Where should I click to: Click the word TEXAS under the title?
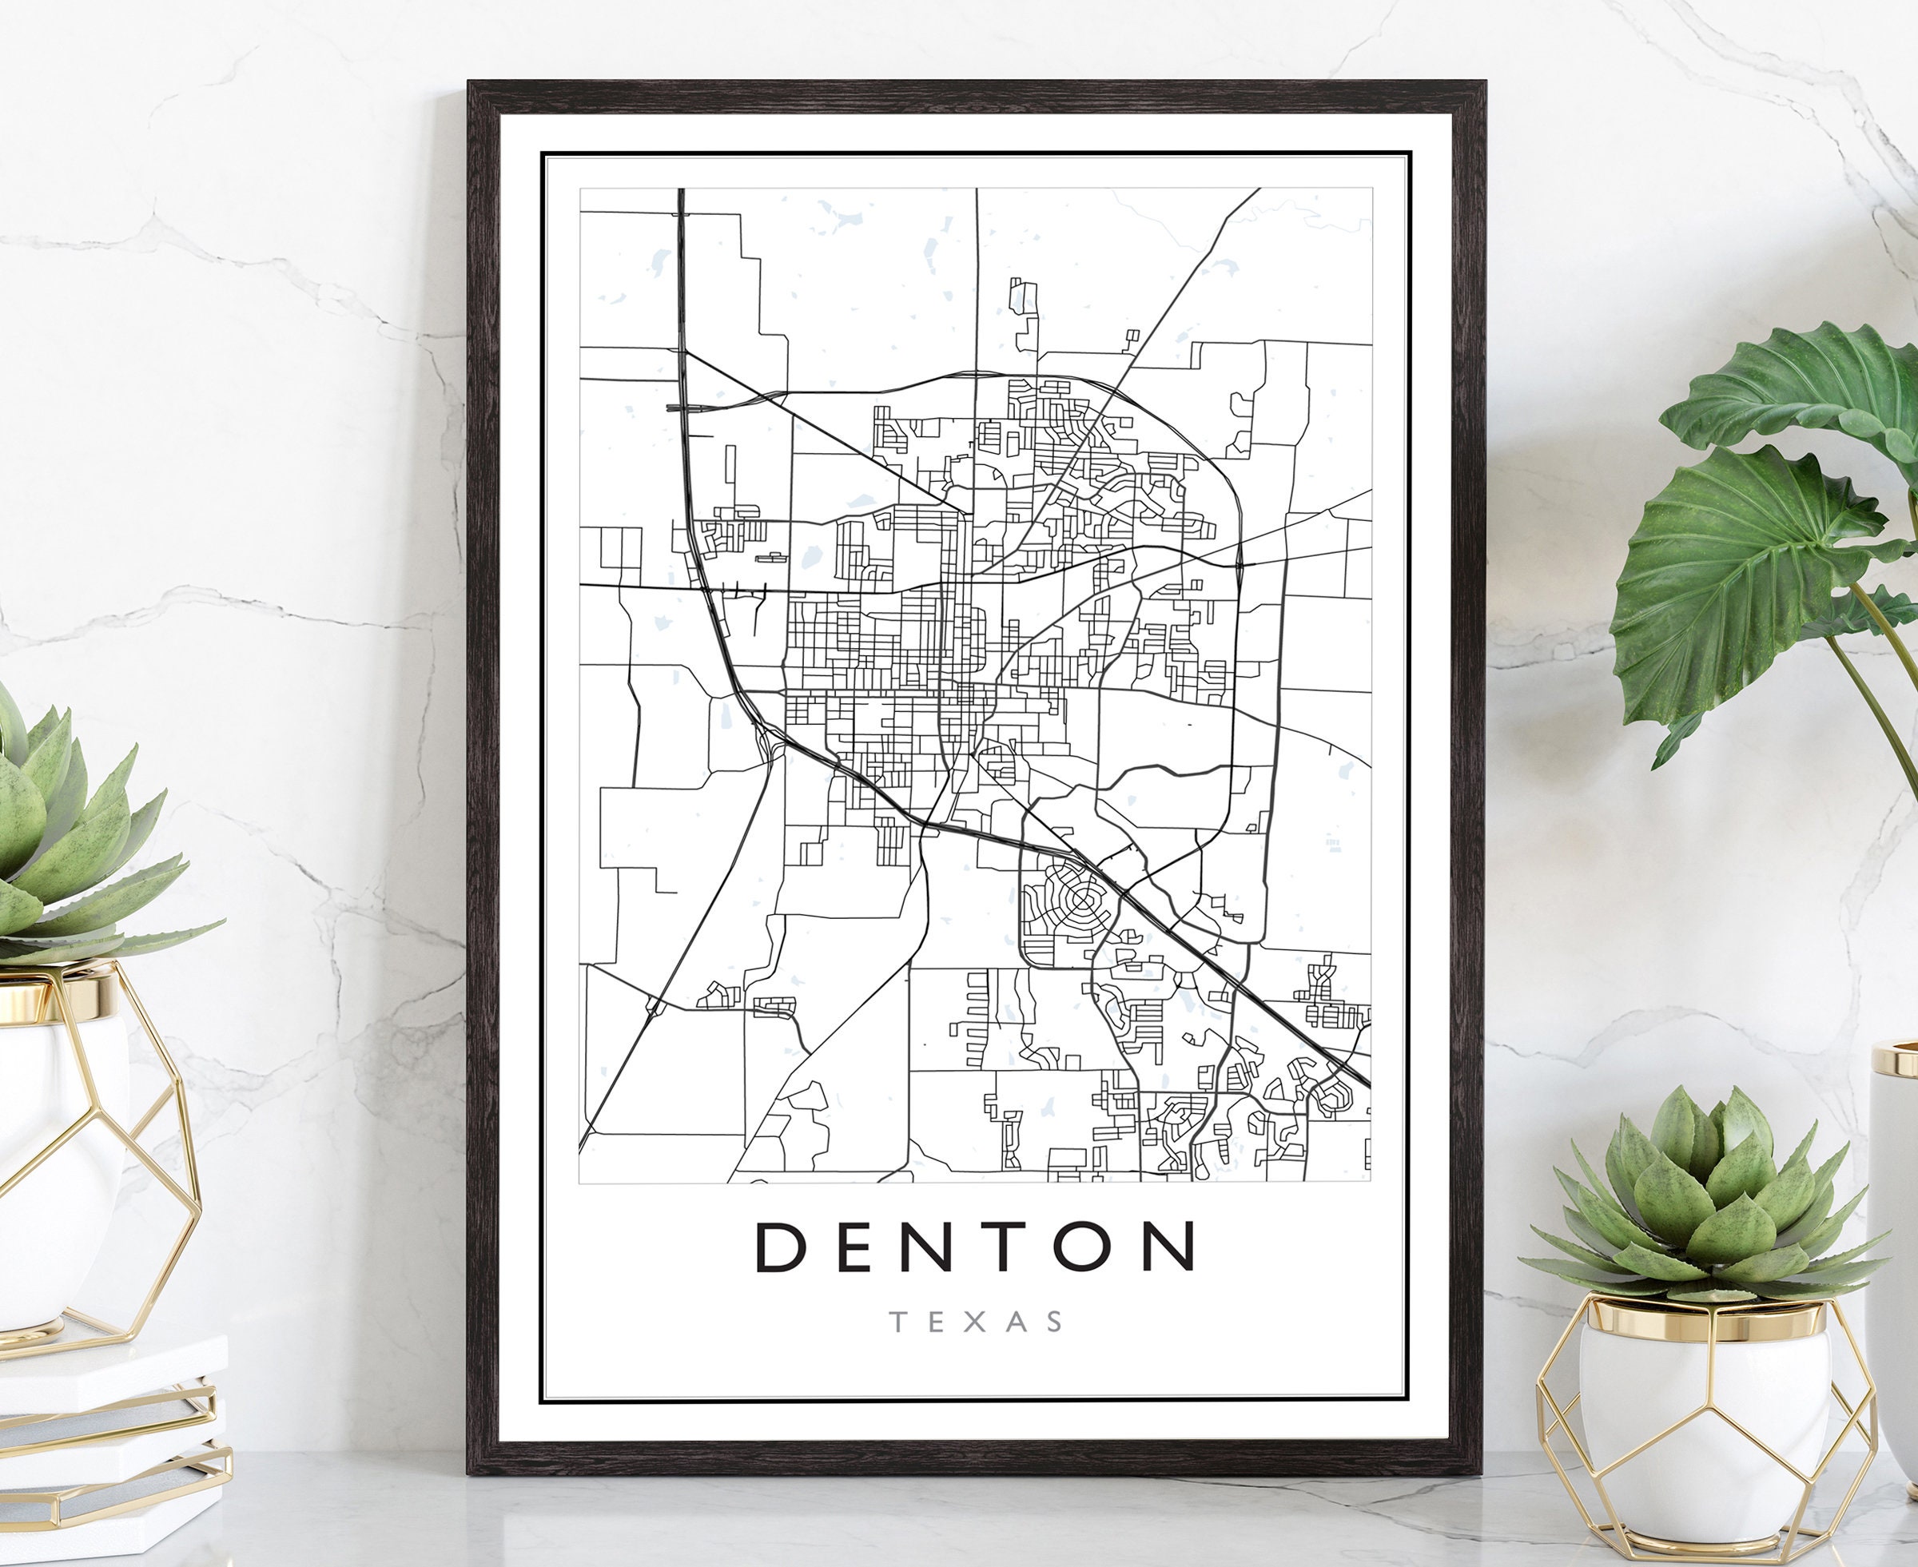[x=977, y=1322]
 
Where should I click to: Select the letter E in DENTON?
[x=853, y=1247]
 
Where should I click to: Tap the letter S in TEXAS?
[x=1054, y=1322]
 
